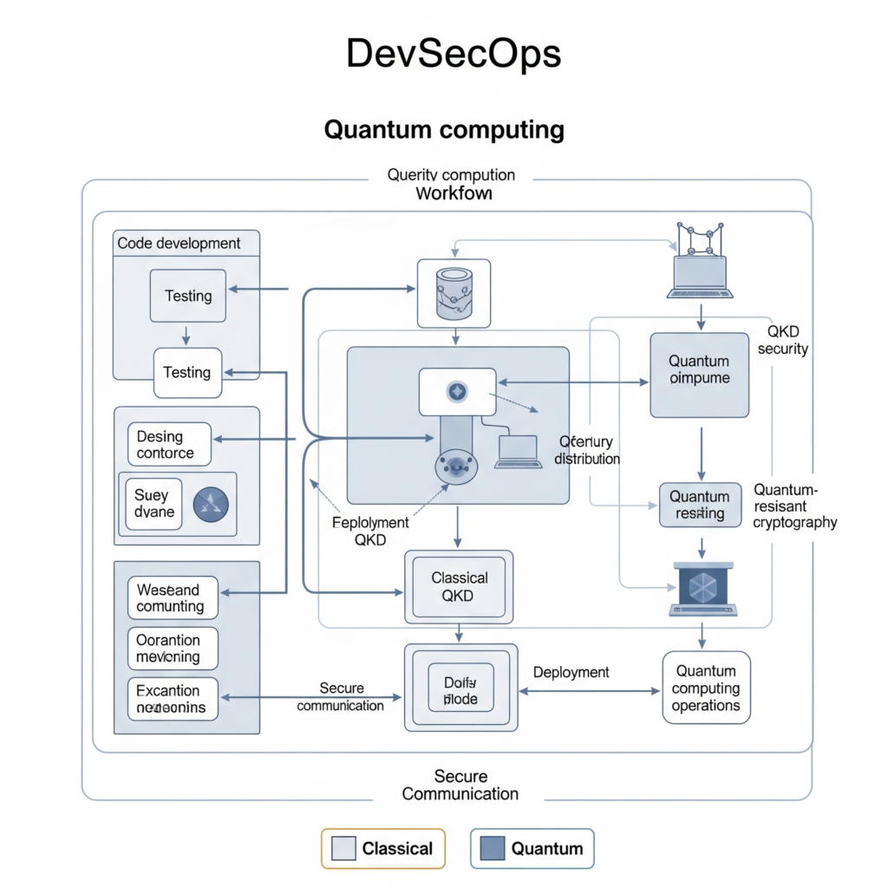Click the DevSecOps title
pos(454,55)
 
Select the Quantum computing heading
pos(444,130)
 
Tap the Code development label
pos(179,243)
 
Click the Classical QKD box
pos(459,587)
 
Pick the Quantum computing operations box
pos(706,688)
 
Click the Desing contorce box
pos(168,444)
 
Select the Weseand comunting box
pos(172,597)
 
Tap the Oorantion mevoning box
pos(172,648)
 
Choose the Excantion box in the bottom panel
pos(172,699)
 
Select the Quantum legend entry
pos(532,848)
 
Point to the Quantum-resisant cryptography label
pos(794,506)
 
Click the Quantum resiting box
pos(700,505)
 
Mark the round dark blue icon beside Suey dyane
pos(209,504)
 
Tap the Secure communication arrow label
pos(340,696)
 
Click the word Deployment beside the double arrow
pos(571,672)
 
